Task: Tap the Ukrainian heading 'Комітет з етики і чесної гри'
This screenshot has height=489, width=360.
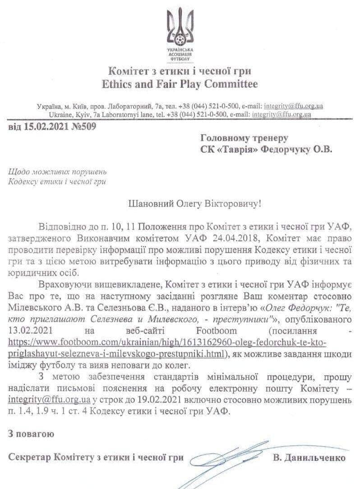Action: pos(180,71)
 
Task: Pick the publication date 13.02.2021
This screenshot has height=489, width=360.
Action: pos(32,331)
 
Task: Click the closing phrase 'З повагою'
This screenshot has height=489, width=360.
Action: pos(31,434)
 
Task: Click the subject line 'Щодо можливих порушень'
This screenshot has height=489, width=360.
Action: pos(57,172)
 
